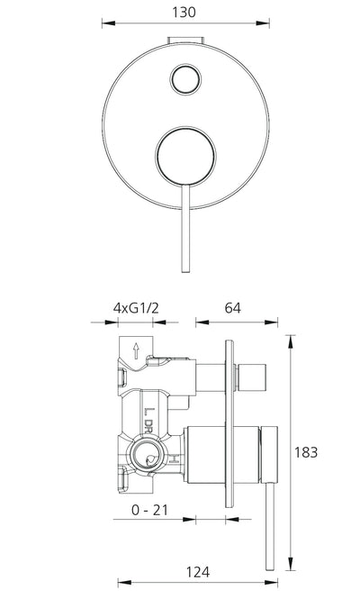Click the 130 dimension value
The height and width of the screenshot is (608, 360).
coord(184,13)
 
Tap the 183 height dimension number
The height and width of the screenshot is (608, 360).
coord(306,452)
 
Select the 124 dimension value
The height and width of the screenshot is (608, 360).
coord(198,572)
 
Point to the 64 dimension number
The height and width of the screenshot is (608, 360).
coord(233,308)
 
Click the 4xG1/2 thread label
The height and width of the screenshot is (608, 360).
coord(136,308)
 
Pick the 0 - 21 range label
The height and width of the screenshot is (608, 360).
coord(150,510)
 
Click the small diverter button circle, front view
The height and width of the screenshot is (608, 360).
coord(186,79)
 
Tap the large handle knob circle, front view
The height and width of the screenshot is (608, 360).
coord(185,156)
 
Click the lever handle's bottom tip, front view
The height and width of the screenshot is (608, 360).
coord(185,271)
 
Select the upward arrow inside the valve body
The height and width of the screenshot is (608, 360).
coord(136,350)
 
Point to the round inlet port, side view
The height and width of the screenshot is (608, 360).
coord(146,455)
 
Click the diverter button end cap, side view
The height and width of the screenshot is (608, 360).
coord(252,377)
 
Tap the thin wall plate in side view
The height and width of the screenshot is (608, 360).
coord(229,423)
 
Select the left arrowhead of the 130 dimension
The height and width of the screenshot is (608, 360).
coord(108,23)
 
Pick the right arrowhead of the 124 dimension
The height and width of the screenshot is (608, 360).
coord(271,583)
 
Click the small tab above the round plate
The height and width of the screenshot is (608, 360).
coord(186,41)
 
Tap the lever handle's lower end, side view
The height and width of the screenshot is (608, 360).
coord(270,567)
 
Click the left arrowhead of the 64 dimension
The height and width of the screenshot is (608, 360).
coord(202,322)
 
